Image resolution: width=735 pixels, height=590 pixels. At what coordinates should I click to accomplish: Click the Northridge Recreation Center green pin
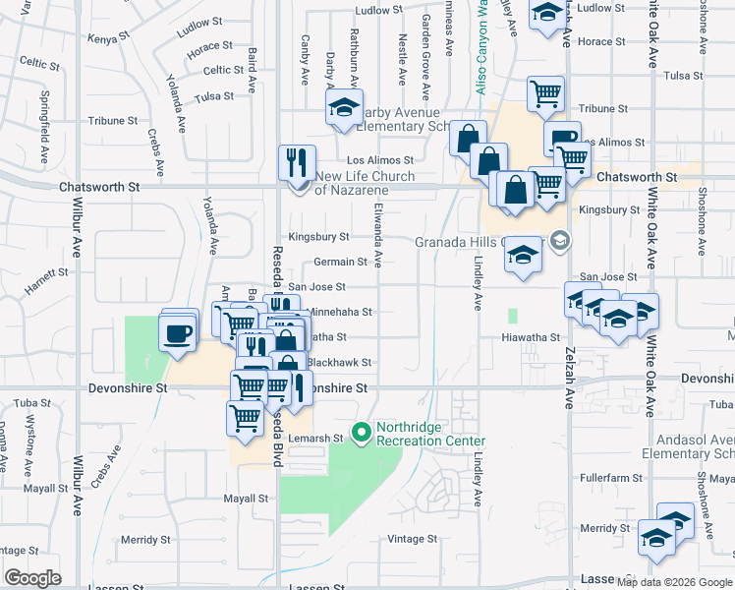click(x=362, y=430)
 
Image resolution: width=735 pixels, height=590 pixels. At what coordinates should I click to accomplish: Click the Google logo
click(x=32, y=578)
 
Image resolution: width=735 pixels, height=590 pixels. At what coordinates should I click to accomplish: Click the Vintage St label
click(x=412, y=539)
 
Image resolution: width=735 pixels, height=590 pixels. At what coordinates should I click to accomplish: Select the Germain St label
click(x=340, y=262)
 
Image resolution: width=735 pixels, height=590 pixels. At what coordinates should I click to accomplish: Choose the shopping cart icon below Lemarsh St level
click(x=245, y=416)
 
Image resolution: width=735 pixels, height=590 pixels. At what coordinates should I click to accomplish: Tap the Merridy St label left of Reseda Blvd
click(x=145, y=540)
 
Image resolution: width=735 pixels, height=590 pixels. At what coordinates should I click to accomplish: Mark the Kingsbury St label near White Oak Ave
click(x=609, y=210)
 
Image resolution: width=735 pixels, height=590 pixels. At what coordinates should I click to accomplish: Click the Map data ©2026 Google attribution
click(x=673, y=582)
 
